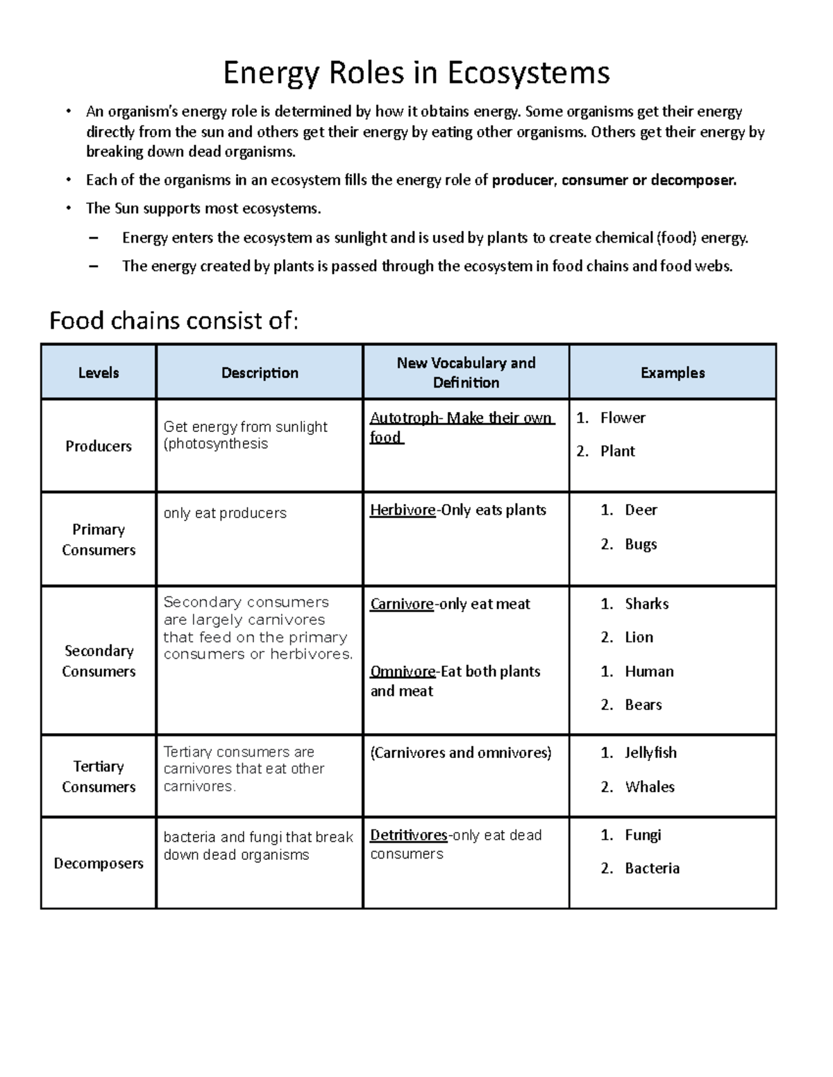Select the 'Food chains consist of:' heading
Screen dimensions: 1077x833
click(174, 321)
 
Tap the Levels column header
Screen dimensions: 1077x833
click(99, 372)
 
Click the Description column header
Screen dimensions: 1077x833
click(260, 372)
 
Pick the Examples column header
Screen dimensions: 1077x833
click(673, 372)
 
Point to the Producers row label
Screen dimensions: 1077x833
click(99, 446)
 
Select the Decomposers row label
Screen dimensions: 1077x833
click(99, 863)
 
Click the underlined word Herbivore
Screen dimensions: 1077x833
click(403, 510)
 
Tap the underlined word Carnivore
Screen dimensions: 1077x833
click(402, 604)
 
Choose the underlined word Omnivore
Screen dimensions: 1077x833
click(403, 671)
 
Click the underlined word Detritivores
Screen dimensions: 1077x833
click(408, 835)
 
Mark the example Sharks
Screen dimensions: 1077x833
click(646, 604)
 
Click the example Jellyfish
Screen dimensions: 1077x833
click(650, 752)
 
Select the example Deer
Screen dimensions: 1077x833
click(641, 510)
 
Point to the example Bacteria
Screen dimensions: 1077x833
click(652, 868)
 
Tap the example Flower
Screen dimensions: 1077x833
click(623, 417)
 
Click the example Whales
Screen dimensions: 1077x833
click(650, 786)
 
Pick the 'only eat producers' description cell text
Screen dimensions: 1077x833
click(225, 513)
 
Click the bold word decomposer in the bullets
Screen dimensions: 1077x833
click(692, 180)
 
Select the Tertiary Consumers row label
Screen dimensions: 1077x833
click(99, 776)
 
